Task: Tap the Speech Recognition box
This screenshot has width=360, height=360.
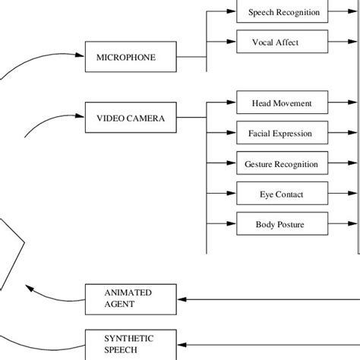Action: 283,12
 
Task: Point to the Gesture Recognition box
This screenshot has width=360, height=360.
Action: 281,163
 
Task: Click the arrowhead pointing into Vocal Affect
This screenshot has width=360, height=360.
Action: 232,43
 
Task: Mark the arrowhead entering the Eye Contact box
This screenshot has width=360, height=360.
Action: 232,194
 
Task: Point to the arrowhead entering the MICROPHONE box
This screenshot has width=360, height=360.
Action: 80,56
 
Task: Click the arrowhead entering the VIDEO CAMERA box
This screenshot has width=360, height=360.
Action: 80,117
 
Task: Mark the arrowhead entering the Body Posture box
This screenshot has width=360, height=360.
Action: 232,224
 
